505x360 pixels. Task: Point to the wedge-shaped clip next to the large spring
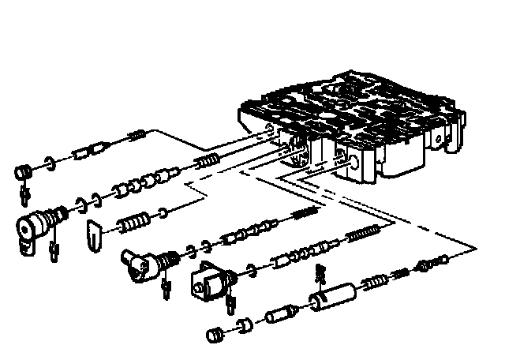pyautogui.click(x=93, y=233)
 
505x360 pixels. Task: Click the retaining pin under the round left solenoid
pyautogui.click(x=54, y=251)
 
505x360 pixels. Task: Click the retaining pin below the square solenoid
pyautogui.click(x=231, y=303)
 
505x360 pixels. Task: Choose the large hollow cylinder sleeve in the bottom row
pyautogui.click(x=332, y=298)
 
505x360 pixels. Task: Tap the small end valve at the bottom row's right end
pyautogui.click(x=434, y=262)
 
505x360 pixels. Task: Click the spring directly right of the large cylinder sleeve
pyautogui.click(x=372, y=283)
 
